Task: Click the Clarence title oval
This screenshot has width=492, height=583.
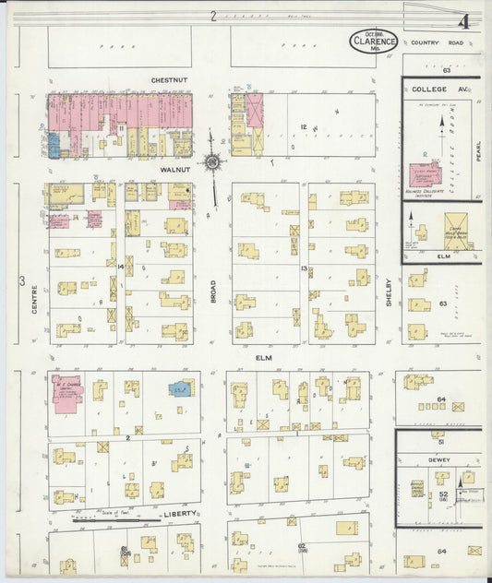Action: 375,42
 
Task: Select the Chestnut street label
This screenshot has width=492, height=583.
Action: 169,80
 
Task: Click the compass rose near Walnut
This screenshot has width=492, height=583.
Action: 213,163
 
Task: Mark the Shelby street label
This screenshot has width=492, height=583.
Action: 390,291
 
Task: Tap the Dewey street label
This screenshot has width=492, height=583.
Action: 438,457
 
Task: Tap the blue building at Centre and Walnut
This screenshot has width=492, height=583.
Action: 55,144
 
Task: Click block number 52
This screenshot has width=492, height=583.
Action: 443,494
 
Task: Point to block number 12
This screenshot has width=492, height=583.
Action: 302,125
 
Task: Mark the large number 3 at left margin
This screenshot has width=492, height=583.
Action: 20,277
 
